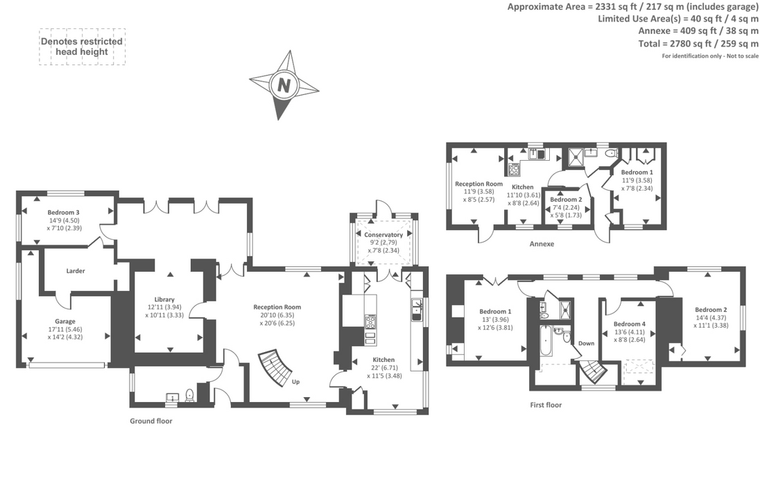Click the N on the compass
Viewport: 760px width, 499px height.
[284, 85]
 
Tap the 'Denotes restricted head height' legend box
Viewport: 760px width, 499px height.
[82, 46]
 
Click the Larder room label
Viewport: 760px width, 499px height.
[76, 271]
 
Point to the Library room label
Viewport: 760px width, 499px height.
[165, 299]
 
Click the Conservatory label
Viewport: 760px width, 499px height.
[383, 235]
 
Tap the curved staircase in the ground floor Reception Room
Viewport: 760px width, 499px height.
[277, 368]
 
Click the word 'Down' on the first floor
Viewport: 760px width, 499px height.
[587, 343]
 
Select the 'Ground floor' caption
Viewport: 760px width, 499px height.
[151, 421]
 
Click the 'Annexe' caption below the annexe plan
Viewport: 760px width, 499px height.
[542, 244]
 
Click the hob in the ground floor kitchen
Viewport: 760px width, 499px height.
[370, 322]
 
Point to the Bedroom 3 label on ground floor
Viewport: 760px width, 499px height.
[63, 212]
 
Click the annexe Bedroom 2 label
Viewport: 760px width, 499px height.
[566, 199]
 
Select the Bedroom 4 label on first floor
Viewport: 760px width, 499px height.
[629, 324]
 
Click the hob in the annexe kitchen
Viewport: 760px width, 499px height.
[515, 169]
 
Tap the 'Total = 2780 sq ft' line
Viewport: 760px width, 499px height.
[698, 44]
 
